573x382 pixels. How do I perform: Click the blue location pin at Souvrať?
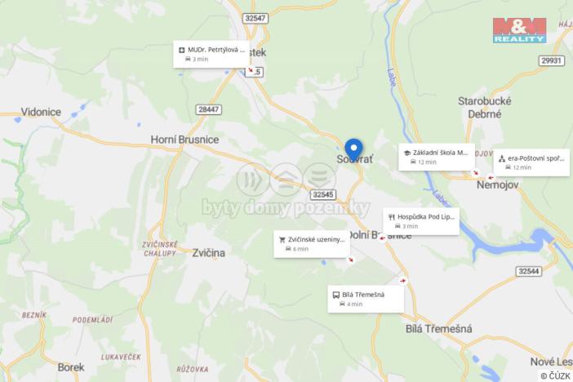pyautogui.click(x=353, y=149)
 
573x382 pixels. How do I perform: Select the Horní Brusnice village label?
pyautogui.click(x=184, y=140)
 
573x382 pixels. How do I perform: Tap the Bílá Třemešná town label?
pyautogui.click(x=439, y=328)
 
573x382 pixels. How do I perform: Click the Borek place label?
pyautogui.click(x=72, y=367)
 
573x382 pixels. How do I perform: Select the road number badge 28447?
pyautogui.click(x=208, y=109)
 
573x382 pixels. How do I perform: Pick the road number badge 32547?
pyautogui.click(x=255, y=17)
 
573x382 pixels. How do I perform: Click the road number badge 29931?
pyautogui.click(x=552, y=60)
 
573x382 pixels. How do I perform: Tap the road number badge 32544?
pyautogui.click(x=529, y=270)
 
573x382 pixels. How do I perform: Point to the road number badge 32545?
pyautogui.click(x=323, y=194)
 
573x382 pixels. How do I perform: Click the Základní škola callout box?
pyautogui.click(x=437, y=156)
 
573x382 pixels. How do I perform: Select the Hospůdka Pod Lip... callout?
pyautogui.click(x=420, y=220)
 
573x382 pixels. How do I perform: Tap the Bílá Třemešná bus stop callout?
pyautogui.click(x=366, y=299)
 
